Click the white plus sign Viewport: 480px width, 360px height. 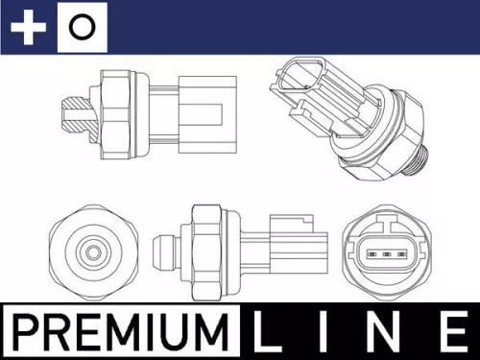(x=28, y=28)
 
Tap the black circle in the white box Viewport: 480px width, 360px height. (x=83, y=28)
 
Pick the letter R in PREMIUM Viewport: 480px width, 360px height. (x=60, y=332)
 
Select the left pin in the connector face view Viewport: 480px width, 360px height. (x=372, y=255)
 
